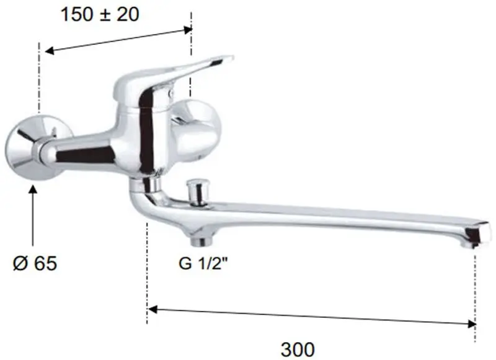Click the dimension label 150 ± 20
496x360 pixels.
point(100,14)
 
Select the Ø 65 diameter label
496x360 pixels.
point(34,263)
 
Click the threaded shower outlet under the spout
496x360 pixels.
point(203,238)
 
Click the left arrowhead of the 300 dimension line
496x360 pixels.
point(153,307)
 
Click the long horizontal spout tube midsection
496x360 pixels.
point(335,217)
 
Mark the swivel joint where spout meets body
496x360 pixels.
point(144,184)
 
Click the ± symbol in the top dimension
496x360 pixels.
point(107,14)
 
